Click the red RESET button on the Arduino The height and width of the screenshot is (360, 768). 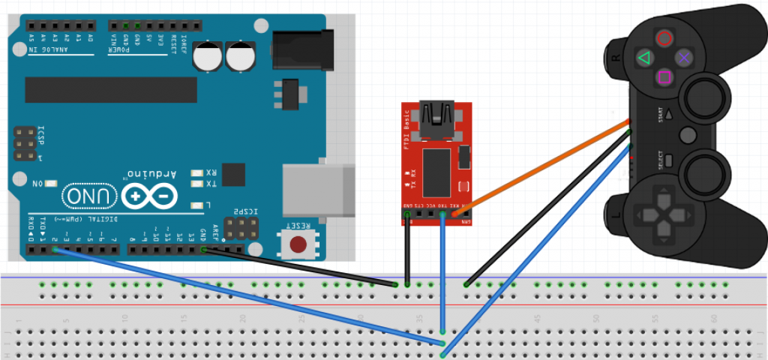point(298,244)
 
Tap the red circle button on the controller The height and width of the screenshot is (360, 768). point(664,37)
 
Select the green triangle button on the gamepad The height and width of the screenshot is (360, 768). point(643,57)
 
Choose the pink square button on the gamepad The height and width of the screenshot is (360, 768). point(664,76)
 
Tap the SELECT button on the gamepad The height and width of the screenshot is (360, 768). point(667,160)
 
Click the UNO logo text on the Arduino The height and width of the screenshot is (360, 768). point(87,197)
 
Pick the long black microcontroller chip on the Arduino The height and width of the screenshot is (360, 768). point(110,89)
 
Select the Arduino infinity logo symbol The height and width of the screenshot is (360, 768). point(153,196)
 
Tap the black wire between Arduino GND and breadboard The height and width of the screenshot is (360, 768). point(300,266)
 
